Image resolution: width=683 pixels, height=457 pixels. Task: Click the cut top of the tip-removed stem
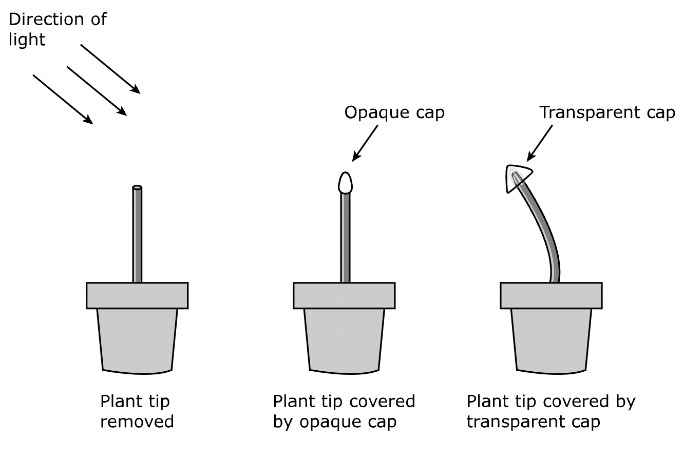(x=137, y=188)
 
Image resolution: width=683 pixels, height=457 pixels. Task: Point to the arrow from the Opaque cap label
(x=366, y=142)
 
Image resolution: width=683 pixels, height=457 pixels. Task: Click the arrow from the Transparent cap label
(x=540, y=142)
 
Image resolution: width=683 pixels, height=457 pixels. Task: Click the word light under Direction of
(x=27, y=40)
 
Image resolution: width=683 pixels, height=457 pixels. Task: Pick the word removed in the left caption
(x=137, y=422)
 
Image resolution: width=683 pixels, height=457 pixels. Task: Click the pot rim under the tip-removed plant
(x=137, y=295)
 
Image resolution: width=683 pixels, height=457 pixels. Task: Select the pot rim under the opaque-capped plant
(x=344, y=295)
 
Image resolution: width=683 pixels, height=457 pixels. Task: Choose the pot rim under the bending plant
(x=551, y=295)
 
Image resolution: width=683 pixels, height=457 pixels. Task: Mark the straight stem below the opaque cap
(x=346, y=236)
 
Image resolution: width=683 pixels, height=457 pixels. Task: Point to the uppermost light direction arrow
(x=110, y=68)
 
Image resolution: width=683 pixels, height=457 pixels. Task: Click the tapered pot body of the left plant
(x=137, y=339)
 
